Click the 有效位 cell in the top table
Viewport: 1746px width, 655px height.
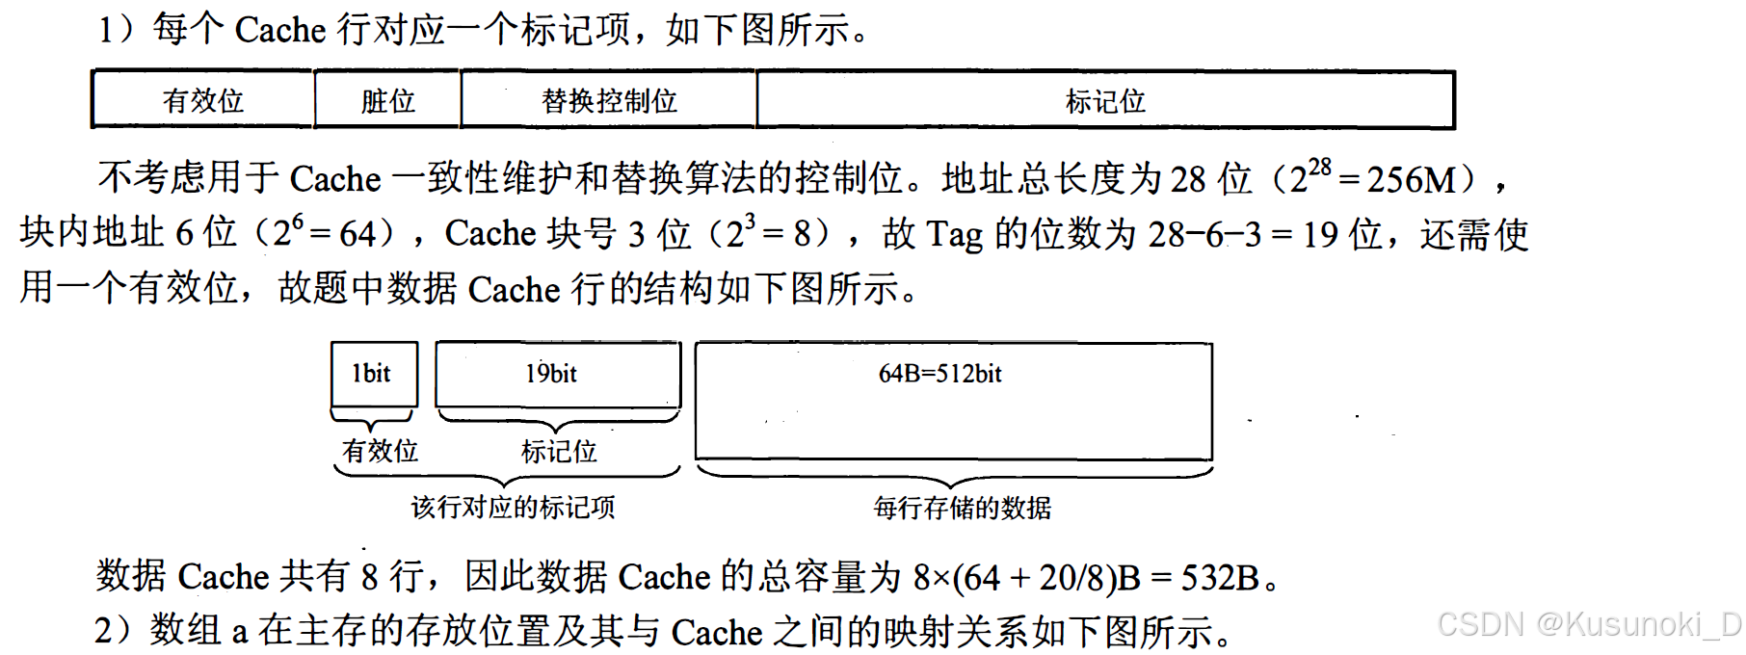tap(202, 100)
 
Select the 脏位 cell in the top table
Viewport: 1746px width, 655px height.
tap(387, 100)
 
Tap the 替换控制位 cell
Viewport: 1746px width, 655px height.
tap(609, 100)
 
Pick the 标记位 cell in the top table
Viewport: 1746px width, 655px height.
tap(1105, 100)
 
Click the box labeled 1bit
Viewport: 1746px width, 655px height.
tap(374, 374)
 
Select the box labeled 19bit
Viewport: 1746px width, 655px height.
tap(557, 374)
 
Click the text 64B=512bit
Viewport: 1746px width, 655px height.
tap(939, 374)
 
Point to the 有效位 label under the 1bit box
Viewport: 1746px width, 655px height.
tap(380, 450)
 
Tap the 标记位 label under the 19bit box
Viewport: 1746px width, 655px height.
tap(559, 451)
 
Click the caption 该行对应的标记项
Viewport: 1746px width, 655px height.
tap(513, 507)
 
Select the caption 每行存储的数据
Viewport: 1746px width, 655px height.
tap(962, 508)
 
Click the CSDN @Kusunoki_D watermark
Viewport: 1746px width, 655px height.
tap(1589, 624)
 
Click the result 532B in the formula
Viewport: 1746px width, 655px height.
tap(1220, 577)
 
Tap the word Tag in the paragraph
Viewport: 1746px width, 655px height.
tap(954, 234)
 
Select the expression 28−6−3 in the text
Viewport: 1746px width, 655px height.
tap(1204, 234)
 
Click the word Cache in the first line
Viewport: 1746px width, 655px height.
tap(280, 30)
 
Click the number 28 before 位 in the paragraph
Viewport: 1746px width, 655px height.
tap(1188, 179)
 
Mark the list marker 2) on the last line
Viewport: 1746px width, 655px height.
tap(113, 631)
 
